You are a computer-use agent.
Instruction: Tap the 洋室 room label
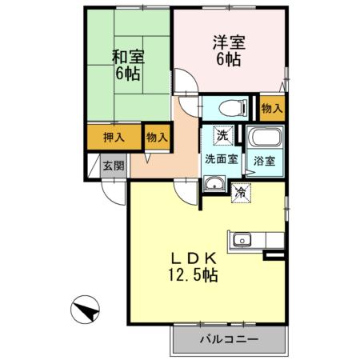227,42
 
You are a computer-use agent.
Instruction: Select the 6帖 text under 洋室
227,60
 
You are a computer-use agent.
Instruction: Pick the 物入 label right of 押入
157,137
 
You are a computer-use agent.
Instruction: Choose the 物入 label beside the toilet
271,106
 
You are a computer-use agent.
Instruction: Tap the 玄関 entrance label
114,166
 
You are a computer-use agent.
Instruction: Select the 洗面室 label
221,158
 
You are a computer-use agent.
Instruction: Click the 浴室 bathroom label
264,160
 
